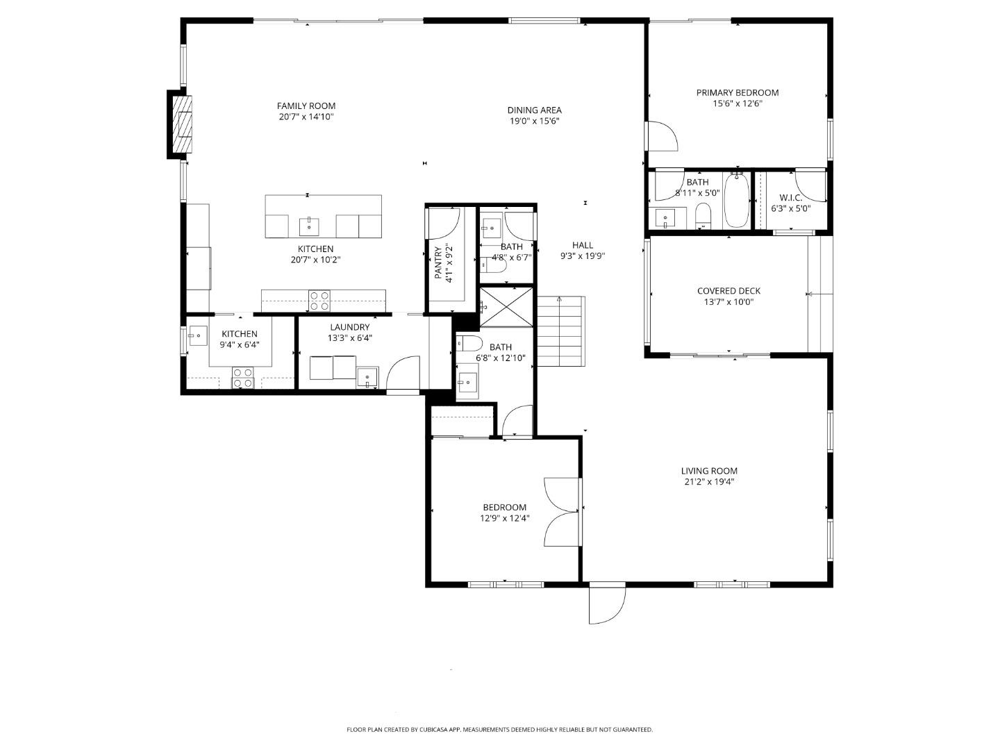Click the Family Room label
[x=306, y=106]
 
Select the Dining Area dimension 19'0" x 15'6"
[x=534, y=121]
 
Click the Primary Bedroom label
[x=737, y=92]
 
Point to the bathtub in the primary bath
[x=736, y=201]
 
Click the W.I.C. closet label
[x=790, y=198]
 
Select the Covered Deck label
[x=728, y=291]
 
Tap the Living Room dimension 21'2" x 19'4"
[x=708, y=481]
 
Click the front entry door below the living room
[x=606, y=603]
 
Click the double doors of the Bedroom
[x=562, y=512]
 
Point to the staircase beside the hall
[x=561, y=331]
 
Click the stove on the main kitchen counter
[x=319, y=300]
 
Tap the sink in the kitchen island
[x=308, y=225]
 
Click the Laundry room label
[x=349, y=327]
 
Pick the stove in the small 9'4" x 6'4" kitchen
[x=242, y=378]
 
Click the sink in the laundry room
[x=367, y=378]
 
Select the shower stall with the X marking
[x=506, y=306]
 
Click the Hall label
[x=582, y=245]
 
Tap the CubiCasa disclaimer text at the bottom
[x=499, y=729]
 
